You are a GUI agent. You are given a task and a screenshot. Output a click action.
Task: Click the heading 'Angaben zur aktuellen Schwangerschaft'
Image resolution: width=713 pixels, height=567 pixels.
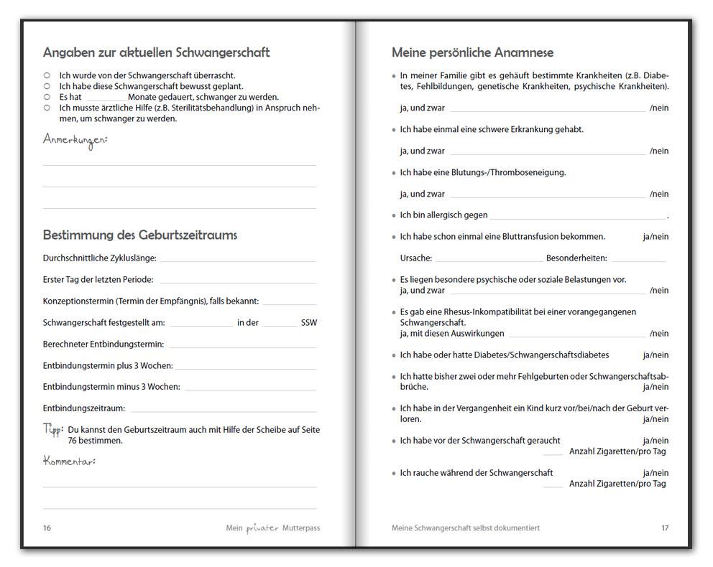pos(156,52)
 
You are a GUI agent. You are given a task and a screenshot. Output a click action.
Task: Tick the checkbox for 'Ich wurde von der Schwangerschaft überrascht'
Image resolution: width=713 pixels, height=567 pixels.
pos(47,75)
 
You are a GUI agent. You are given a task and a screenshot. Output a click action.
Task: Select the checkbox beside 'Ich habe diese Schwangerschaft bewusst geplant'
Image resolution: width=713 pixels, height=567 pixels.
pos(47,85)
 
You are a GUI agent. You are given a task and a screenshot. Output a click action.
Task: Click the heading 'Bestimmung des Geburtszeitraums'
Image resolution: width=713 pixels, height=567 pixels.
pos(140,235)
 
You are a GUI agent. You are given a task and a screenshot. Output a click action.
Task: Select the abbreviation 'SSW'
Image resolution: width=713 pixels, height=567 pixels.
pos(309,323)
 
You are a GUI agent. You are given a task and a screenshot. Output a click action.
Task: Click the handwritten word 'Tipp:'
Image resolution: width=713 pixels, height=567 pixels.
pos(53,429)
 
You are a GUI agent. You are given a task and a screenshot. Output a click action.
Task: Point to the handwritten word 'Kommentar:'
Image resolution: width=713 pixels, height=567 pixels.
pos(69,461)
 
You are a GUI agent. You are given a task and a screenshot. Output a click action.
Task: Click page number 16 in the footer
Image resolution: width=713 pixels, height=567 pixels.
pos(47,528)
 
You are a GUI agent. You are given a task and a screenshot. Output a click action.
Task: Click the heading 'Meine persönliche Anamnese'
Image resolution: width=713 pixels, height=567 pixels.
pos(472,52)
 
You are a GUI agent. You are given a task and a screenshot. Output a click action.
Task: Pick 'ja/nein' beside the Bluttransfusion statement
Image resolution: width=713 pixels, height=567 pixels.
pos(655,237)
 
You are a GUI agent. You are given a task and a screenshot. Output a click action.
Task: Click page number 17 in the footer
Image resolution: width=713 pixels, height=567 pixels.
pos(665,528)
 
